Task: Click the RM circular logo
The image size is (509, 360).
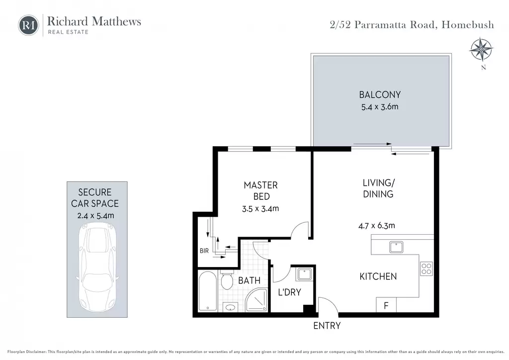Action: pyautogui.click(x=28, y=25)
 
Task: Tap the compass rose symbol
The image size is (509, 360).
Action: pyautogui.click(x=481, y=50)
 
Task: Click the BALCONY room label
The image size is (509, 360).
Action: pyautogui.click(x=380, y=95)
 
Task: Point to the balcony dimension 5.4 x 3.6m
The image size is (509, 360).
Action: pyautogui.click(x=380, y=107)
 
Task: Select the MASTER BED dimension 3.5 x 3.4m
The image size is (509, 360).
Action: pyautogui.click(x=260, y=209)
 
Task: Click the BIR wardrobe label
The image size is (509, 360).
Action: pyautogui.click(x=204, y=251)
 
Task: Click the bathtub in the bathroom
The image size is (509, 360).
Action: pyautogui.click(x=207, y=291)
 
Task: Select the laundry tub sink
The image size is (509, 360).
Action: pyautogui.click(x=305, y=274)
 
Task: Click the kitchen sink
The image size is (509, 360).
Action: pyautogui.click(x=396, y=247)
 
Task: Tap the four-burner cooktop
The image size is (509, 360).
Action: pyautogui.click(x=426, y=269)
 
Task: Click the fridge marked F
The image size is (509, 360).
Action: pyautogui.click(x=386, y=305)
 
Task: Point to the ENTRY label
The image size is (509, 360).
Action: pyautogui.click(x=327, y=326)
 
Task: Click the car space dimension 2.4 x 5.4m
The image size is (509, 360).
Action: pyautogui.click(x=96, y=215)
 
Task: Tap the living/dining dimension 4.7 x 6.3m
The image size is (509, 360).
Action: pyautogui.click(x=377, y=226)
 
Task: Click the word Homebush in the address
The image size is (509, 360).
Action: pyautogui.click(x=468, y=25)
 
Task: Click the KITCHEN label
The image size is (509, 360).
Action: pyautogui.click(x=378, y=276)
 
